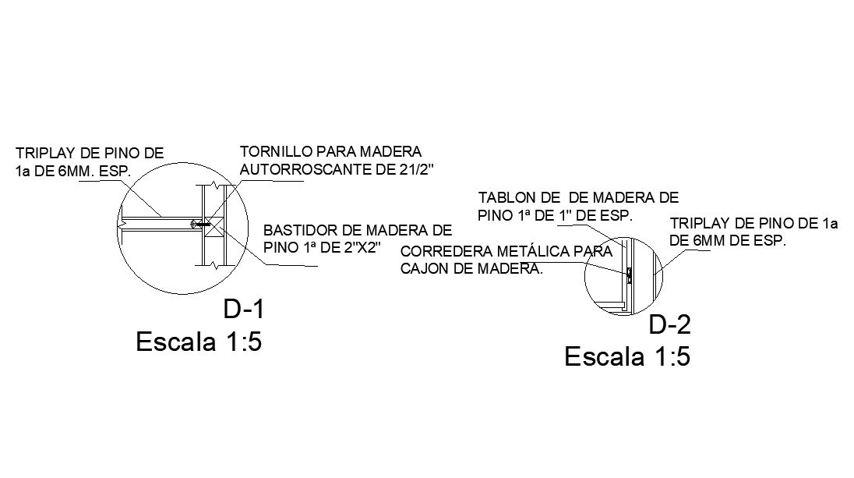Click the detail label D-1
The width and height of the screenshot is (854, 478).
pyautogui.click(x=245, y=310)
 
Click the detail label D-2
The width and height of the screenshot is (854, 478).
pyautogui.click(x=670, y=324)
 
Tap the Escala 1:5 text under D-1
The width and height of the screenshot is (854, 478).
pyautogui.click(x=199, y=342)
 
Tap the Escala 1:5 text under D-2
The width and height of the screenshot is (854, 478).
pyautogui.click(x=627, y=357)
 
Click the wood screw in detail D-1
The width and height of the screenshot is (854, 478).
pyautogui.click(x=201, y=224)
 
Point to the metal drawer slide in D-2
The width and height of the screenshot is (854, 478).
pyautogui.click(x=629, y=273)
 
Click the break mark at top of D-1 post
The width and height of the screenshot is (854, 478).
pyautogui.click(x=211, y=186)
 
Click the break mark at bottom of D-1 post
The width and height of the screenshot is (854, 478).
pyautogui.click(x=211, y=265)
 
